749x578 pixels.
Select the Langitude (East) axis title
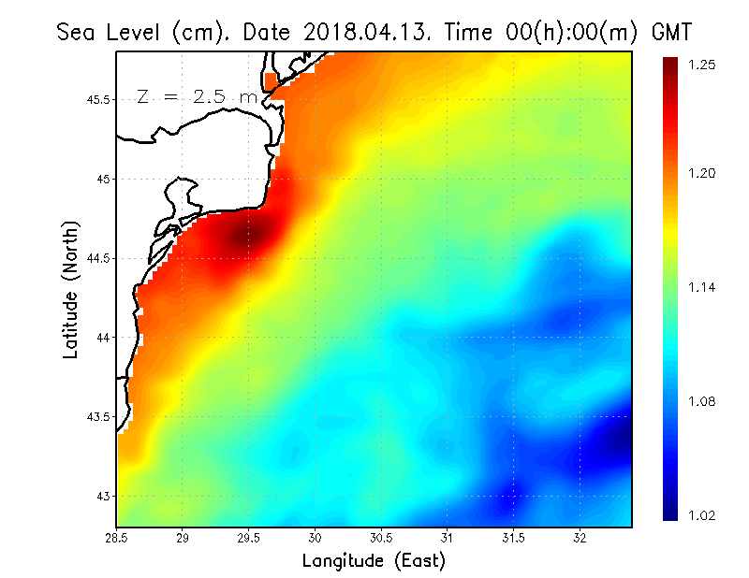[374, 561]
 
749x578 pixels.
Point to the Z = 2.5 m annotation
[197, 97]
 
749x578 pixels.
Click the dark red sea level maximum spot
[251, 236]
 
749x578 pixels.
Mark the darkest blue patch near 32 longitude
[609, 440]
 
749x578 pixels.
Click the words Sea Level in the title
[111, 32]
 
